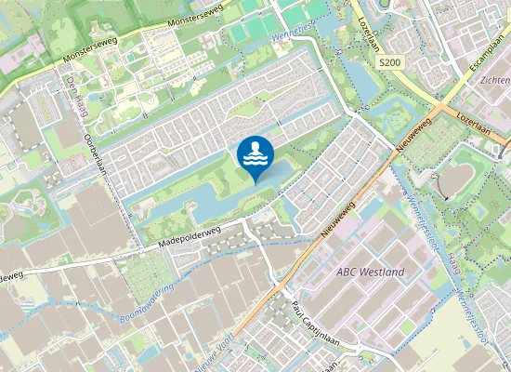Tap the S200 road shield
click(389, 61)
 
